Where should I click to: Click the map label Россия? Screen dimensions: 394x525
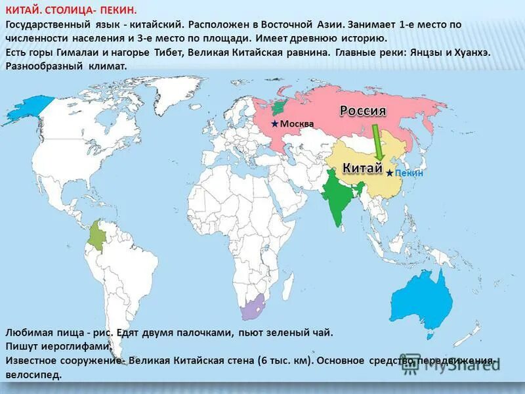(362, 111)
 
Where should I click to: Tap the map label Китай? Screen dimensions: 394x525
(362, 167)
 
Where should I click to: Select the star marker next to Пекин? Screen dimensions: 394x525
(390, 173)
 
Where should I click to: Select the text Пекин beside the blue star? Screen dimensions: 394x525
(409, 173)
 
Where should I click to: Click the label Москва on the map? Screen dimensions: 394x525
(297, 124)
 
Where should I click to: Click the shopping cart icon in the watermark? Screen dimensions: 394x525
(410, 364)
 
